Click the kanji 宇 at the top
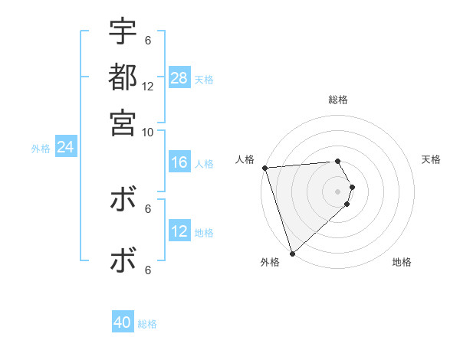pos(123,32)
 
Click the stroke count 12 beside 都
pos(148,87)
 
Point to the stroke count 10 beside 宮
pos(148,131)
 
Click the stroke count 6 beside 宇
pos(148,40)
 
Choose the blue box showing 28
pos(179,77)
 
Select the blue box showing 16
pos(179,162)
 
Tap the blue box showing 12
pos(179,231)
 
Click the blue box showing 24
pos(65,147)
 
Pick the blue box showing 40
pos(123,322)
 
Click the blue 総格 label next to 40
pos(147,324)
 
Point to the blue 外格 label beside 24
pos(41,149)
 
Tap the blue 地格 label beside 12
pos(204,233)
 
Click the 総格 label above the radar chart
pos(338,100)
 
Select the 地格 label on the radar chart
pos(402,263)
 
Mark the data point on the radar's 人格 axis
pos(264,168)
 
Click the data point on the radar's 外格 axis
pos(292,253)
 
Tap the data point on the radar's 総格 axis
pos(338,161)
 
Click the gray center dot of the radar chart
pos(338,191)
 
